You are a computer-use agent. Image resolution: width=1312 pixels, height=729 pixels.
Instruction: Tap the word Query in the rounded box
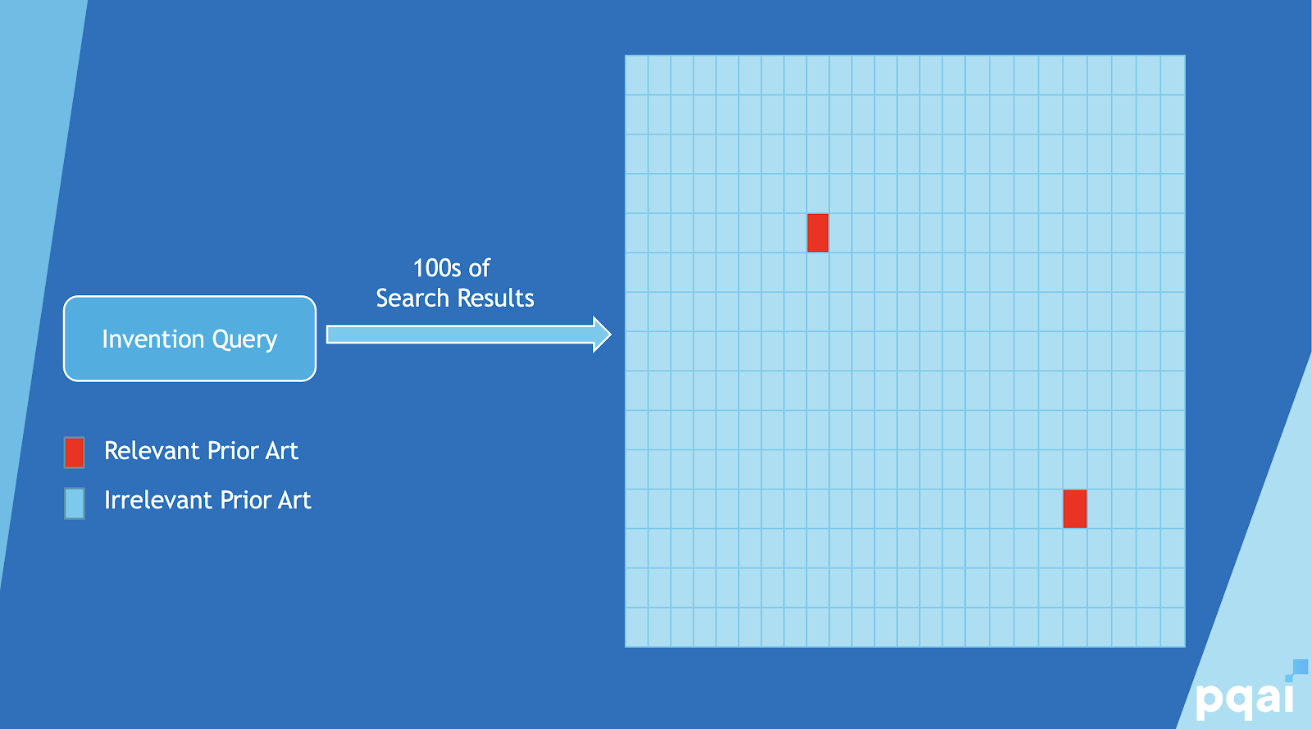[244, 339]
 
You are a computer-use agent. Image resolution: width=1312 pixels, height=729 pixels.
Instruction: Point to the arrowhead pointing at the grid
[602, 335]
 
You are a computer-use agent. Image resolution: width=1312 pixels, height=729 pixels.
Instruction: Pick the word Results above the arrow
[495, 298]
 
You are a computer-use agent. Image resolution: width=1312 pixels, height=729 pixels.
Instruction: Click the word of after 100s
[479, 268]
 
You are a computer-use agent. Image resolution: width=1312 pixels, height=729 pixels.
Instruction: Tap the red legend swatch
[74, 452]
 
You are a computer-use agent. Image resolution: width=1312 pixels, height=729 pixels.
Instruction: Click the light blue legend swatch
[74, 503]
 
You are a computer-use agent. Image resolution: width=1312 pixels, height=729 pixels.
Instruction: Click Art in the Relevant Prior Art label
[281, 451]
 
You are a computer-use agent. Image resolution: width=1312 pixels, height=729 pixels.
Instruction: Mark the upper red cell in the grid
[818, 233]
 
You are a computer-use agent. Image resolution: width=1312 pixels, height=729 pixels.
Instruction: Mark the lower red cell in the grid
[1075, 508]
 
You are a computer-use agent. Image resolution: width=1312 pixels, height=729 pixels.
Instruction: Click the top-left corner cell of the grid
[636, 75]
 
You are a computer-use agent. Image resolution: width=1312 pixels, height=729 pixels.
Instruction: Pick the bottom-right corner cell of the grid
[1173, 627]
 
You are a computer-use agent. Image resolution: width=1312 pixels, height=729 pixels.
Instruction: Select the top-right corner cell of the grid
[1173, 75]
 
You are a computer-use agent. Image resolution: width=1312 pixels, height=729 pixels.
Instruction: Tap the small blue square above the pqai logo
[1300, 667]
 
